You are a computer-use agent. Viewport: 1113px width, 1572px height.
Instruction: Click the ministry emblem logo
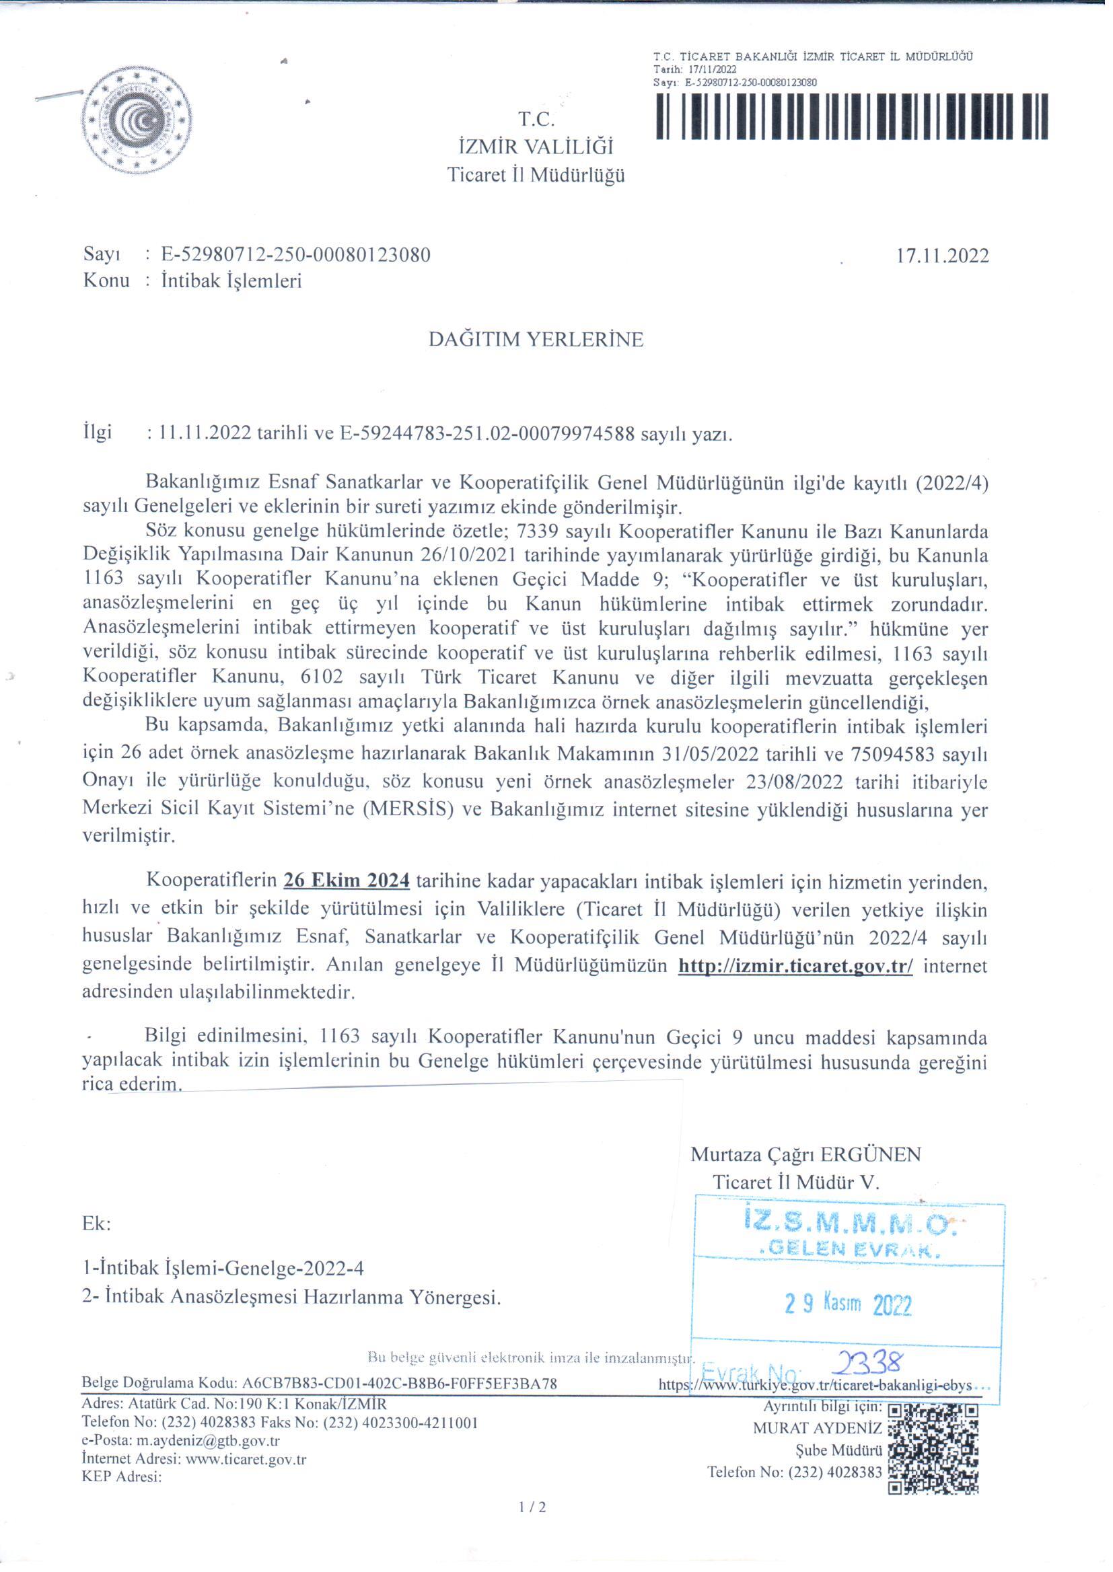pyautogui.click(x=137, y=122)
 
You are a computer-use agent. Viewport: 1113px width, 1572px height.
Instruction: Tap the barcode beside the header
pyautogui.click(x=851, y=116)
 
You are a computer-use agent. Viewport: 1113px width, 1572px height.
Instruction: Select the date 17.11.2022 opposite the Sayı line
pyautogui.click(x=942, y=256)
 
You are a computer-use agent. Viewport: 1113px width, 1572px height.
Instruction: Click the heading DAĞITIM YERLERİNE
pyautogui.click(x=536, y=340)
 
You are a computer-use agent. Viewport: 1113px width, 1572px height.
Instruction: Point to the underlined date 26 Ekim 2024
pyautogui.click(x=347, y=881)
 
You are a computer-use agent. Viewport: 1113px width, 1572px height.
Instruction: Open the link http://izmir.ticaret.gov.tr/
pyautogui.click(x=795, y=967)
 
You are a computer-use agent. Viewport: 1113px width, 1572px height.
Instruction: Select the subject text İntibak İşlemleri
pyautogui.click(x=231, y=281)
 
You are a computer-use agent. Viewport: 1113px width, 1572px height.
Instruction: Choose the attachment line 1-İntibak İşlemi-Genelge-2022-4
pyautogui.click(x=223, y=1268)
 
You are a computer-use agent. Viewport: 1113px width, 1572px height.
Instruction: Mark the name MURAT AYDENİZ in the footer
pyautogui.click(x=818, y=1428)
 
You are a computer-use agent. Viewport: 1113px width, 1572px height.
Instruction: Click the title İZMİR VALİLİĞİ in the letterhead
pyautogui.click(x=536, y=147)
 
